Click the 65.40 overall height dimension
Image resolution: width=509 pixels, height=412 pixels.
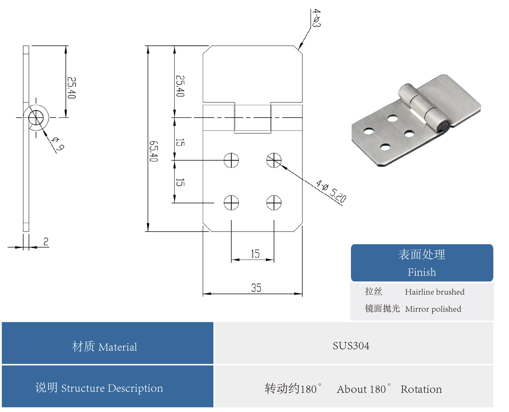point(154,151)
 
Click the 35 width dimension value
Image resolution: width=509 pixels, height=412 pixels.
point(256,288)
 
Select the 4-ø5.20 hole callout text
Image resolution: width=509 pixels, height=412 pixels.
point(331,191)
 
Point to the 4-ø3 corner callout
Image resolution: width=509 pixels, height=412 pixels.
point(316,18)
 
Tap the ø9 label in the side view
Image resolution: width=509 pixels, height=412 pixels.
point(57,143)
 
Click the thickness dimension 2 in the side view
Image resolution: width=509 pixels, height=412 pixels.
point(46,241)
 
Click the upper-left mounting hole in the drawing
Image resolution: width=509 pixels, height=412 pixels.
point(231,160)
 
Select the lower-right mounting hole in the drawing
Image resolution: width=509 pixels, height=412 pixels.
point(274,203)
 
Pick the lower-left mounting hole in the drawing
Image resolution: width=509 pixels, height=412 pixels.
point(231,203)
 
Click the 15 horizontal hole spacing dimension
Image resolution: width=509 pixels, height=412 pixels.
point(255,254)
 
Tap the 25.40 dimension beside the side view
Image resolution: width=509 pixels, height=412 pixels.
point(71,88)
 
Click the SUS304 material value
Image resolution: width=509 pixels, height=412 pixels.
point(351,346)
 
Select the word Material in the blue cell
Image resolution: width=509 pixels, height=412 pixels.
point(118,347)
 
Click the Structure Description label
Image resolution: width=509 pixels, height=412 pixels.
point(112,388)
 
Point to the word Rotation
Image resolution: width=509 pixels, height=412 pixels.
point(421,389)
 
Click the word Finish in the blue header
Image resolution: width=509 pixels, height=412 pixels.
point(422,272)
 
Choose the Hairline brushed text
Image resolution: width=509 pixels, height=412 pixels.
point(434,292)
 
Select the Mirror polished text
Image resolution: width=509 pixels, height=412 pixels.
point(433,309)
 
